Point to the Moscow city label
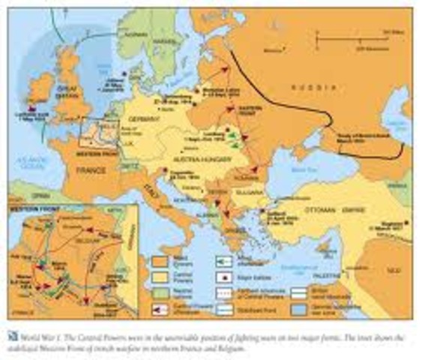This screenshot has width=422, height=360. (277, 50)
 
